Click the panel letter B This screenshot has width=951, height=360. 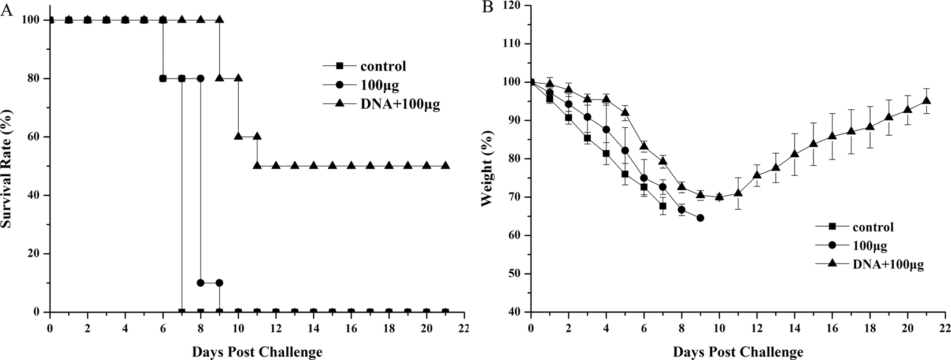coord(488,8)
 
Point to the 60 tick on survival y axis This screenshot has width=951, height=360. coord(36,137)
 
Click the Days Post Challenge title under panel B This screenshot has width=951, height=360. coord(738,351)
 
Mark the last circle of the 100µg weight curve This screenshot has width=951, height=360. coord(700,218)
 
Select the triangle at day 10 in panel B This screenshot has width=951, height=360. coord(719,196)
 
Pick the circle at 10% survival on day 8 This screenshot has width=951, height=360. coord(201,283)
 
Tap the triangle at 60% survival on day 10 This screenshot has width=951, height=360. coord(238,136)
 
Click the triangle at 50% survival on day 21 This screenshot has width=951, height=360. coord(445,166)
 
